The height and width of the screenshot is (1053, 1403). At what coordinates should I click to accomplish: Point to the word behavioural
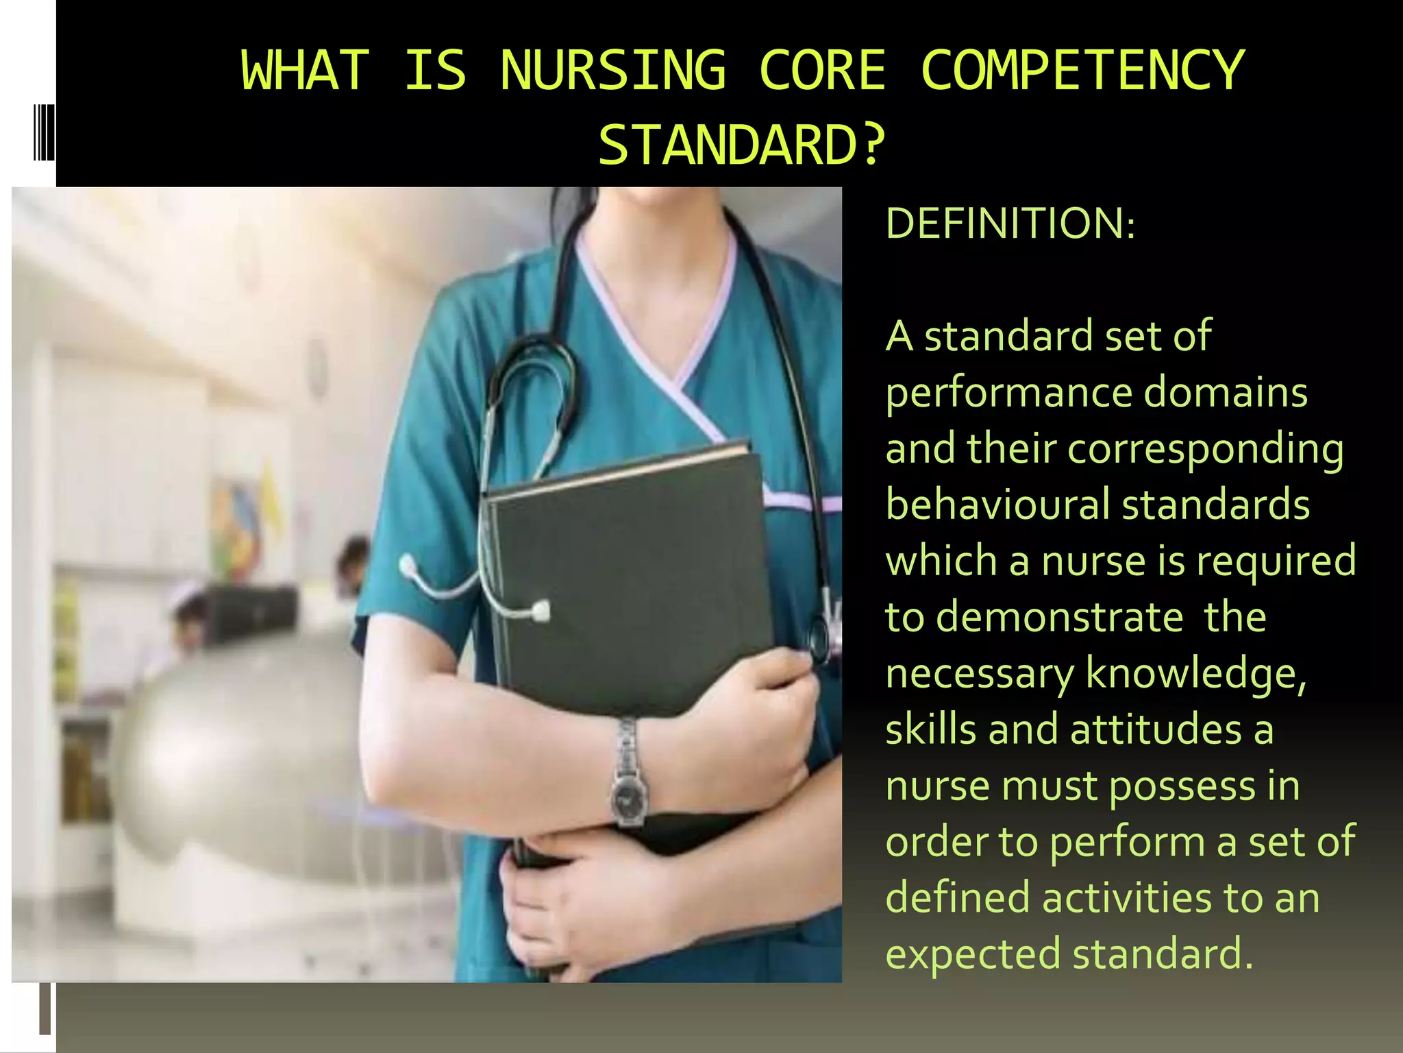click(997, 505)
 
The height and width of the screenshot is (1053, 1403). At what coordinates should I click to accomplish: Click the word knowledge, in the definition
click(1196, 673)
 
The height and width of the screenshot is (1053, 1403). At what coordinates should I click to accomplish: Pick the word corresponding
click(1205, 450)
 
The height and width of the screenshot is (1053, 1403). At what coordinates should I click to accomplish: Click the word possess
click(1182, 786)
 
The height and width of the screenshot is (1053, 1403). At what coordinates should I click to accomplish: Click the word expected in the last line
click(973, 954)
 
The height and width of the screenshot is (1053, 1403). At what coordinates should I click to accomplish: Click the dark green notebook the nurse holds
click(630, 603)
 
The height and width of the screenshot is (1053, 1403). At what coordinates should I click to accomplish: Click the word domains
click(1226, 393)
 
